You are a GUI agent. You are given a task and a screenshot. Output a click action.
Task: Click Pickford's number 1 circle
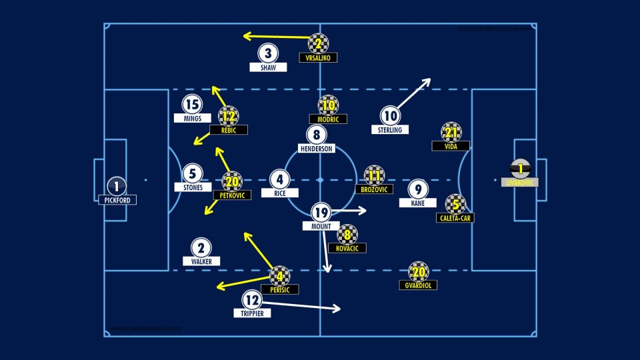(117, 187)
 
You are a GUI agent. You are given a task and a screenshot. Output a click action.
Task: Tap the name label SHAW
(268, 67)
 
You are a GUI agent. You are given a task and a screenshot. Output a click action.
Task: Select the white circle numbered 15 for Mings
(192, 105)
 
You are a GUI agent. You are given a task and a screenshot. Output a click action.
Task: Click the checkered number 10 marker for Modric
(328, 105)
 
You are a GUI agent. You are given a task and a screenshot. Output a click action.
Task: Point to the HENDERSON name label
(317, 148)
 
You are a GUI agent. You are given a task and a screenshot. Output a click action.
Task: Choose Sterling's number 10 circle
(390, 116)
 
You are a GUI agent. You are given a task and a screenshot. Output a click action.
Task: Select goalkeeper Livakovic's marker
(519, 169)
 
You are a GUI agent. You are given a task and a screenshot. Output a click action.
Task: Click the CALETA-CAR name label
(455, 217)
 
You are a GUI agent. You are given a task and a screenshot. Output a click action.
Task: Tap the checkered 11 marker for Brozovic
(374, 175)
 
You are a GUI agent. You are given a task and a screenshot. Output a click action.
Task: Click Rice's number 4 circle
(280, 179)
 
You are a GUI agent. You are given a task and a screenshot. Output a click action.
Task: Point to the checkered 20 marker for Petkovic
(232, 181)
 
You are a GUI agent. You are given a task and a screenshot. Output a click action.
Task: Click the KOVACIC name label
(347, 248)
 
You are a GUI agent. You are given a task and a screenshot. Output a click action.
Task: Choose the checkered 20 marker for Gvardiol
(419, 271)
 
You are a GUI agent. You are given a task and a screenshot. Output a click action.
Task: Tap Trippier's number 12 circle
(251, 300)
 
